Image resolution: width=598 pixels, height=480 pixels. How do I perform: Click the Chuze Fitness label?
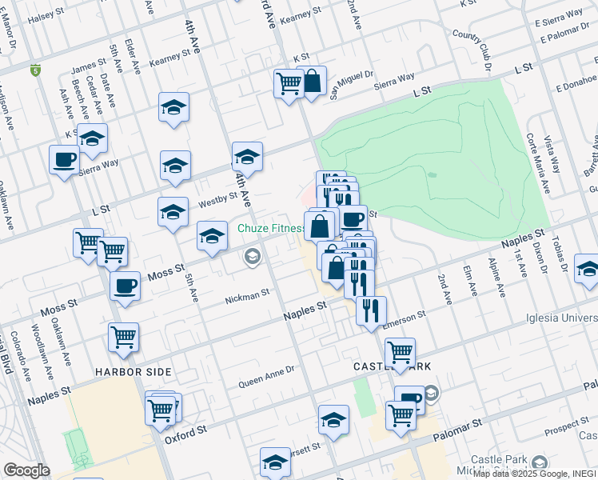click(x=270, y=228)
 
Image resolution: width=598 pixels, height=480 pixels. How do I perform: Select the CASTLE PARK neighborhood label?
click(x=393, y=366)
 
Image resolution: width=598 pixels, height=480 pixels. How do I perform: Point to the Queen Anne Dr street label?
click(x=267, y=377)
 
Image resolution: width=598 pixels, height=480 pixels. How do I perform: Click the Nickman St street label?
click(x=247, y=297)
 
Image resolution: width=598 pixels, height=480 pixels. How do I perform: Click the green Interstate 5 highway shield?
click(x=35, y=70)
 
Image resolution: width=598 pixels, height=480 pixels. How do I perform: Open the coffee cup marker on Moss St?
click(x=125, y=286)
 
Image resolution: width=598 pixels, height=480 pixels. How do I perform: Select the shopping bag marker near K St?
click(x=312, y=81)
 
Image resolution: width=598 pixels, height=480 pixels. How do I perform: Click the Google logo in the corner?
click(x=26, y=470)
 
